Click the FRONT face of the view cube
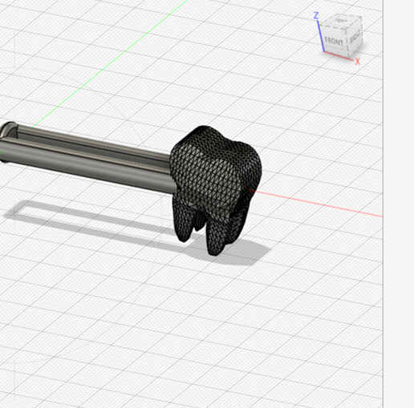(334, 40)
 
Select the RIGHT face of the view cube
(354, 38)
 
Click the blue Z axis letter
(318, 15)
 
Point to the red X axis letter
(357, 62)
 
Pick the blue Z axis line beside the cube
(321, 34)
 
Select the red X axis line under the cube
(340, 55)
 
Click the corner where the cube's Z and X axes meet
(323, 50)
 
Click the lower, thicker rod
(88, 164)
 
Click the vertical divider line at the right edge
(384, 240)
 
